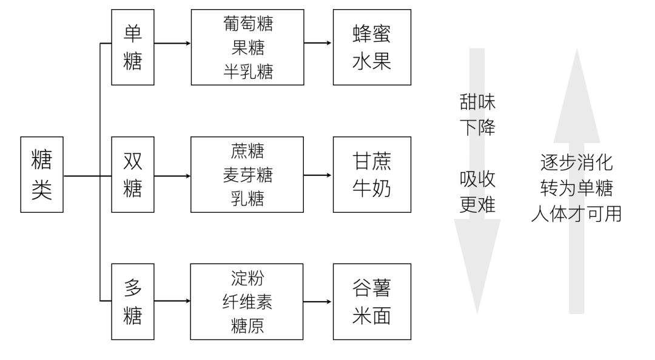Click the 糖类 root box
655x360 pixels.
pyautogui.click(x=42, y=175)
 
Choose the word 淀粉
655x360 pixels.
pyautogui.click(x=247, y=280)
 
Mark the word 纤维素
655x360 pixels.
pyautogui.click(x=247, y=302)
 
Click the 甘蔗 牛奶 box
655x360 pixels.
pyautogui.click(x=371, y=175)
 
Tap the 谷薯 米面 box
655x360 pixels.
pyautogui.click(x=371, y=302)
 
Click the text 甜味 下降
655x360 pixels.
pyautogui.click(x=478, y=116)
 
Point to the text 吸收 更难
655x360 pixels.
pyautogui.click(x=478, y=193)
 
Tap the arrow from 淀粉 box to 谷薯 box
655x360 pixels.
pyautogui.click(x=318, y=302)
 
